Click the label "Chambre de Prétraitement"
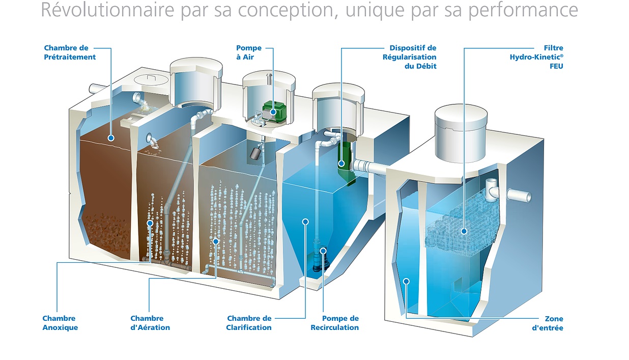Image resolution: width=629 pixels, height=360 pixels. [x=70, y=52]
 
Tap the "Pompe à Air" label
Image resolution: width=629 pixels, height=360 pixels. [x=249, y=52]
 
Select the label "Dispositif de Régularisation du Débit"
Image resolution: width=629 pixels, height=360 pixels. [x=410, y=57]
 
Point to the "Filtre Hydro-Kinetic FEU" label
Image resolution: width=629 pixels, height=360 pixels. [x=536, y=57]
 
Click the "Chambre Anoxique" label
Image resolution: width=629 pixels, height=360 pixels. [x=60, y=323]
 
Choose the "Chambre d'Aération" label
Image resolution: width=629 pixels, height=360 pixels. [x=150, y=323]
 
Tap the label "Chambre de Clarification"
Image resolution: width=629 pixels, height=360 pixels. [x=249, y=323]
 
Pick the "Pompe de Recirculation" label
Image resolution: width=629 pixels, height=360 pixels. [x=335, y=323]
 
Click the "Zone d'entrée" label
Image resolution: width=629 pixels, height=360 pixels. [x=548, y=323]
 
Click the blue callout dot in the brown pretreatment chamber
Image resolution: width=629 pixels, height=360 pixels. [x=111, y=138]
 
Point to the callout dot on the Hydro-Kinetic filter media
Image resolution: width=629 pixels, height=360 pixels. [x=464, y=231]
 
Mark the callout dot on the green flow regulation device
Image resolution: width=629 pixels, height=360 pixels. [x=341, y=163]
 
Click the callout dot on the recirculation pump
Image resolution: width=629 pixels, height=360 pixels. [x=323, y=251]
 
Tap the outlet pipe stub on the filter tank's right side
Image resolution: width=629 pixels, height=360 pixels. [x=519, y=195]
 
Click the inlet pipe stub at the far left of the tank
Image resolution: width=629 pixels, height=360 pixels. [x=97, y=89]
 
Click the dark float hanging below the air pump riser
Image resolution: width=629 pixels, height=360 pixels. [x=255, y=153]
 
